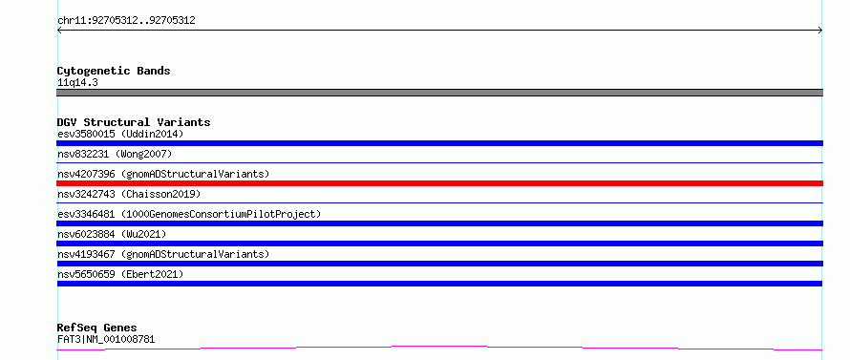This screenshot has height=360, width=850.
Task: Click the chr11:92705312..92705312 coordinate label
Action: pyautogui.click(x=126, y=21)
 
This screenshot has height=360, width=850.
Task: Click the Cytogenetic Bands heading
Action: pyautogui.click(x=114, y=71)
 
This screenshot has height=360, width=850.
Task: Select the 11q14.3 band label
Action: pyautogui.click(x=77, y=83)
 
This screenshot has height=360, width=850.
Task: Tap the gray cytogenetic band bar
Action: pyautogui.click(x=439, y=93)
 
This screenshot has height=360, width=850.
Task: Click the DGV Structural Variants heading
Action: pyautogui.click(x=134, y=122)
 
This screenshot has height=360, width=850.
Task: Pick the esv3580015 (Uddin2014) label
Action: pyautogui.click(x=120, y=134)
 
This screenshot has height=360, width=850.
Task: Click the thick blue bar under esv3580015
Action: pyautogui.click(x=439, y=143)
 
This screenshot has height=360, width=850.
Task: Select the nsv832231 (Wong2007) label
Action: pyautogui.click(x=115, y=155)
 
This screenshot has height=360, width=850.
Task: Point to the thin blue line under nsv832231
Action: pyautogui.click(x=439, y=162)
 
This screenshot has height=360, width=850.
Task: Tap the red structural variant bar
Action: pyautogui.click(x=439, y=183)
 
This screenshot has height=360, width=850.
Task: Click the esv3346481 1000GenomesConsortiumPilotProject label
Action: pyautogui.click(x=189, y=214)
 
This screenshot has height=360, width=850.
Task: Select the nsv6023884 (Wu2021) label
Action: pyautogui.click(x=112, y=234)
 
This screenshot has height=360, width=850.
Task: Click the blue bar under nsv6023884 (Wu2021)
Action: pyautogui.click(x=439, y=244)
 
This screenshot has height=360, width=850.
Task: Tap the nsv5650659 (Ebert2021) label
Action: pyautogui.click(x=120, y=274)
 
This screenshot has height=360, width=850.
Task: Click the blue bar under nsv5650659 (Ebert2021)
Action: pyautogui.click(x=439, y=284)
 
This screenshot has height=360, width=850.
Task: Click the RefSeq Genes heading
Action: pyautogui.click(x=97, y=328)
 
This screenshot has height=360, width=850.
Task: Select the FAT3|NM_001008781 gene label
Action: pyautogui.click(x=106, y=340)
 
